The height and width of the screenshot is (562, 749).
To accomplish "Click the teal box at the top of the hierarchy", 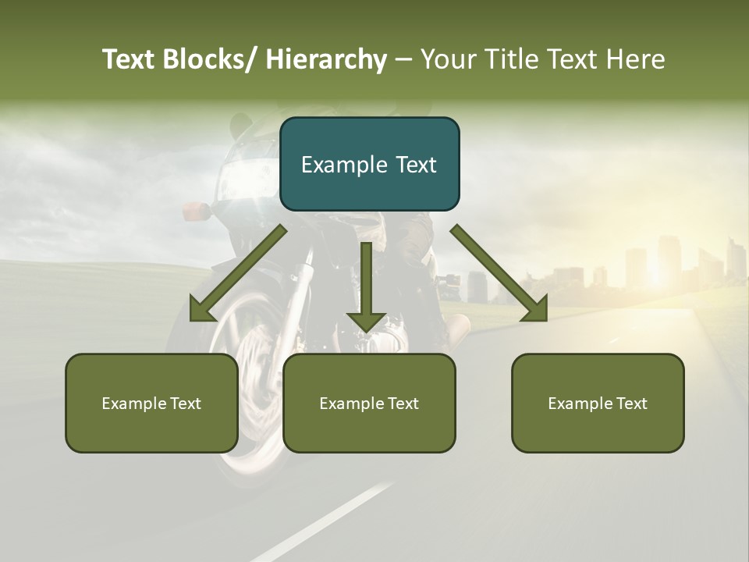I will coord(369,164).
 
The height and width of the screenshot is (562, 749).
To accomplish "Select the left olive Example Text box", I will coord(151,403).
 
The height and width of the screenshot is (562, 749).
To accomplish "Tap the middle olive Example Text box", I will coord(369,403).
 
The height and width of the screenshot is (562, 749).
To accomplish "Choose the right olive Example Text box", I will coord(598,403).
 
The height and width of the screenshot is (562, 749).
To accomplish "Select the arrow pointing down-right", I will coord(499,273).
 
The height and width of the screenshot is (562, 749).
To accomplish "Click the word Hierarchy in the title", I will coord(325,59).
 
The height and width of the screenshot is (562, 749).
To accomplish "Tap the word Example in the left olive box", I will coord(134,403).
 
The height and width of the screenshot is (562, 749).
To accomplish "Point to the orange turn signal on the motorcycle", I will coord(195,211).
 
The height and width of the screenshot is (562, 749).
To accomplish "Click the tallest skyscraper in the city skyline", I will coord(669,261).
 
